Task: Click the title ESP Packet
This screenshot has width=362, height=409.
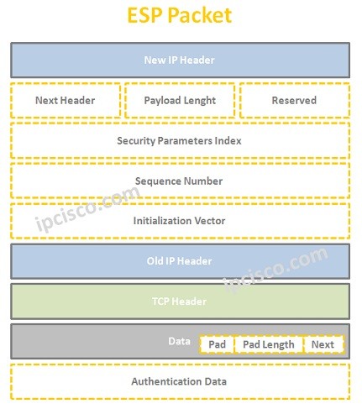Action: (x=179, y=16)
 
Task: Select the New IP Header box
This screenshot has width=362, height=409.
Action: (x=180, y=60)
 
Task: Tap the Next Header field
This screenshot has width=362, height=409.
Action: (x=66, y=101)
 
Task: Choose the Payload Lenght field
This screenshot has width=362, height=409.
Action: (x=181, y=101)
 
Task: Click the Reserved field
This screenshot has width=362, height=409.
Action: (x=294, y=101)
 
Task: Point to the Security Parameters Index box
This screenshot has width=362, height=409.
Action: (x=180, y=140)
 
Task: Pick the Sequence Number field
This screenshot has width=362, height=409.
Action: (x=180, y=181)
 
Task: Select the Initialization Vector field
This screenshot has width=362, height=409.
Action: (x=180, y=221)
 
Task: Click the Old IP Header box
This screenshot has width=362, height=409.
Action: (x=180, y=261)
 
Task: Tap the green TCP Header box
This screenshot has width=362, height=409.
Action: (x=180, y=302)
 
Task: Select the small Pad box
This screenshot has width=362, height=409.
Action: (x=217, y=344)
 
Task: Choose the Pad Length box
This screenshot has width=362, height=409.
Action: (x=268, y=344)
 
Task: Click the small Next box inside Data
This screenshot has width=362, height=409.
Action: (x=323, y=344)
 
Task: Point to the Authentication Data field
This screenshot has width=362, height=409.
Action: (x=180, y=381)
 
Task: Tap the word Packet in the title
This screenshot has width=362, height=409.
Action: (x=202, y=16)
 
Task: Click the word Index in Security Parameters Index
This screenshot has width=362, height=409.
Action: (x=227, y=140)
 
